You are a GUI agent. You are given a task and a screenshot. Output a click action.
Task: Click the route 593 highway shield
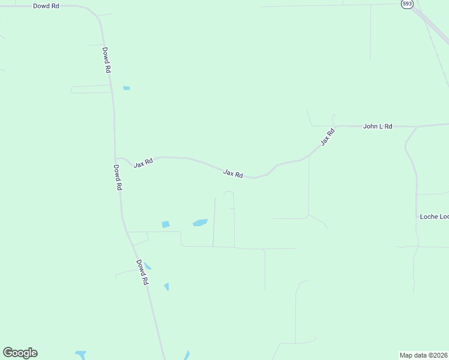pos(408,4)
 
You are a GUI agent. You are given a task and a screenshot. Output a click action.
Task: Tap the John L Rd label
pos(378,127)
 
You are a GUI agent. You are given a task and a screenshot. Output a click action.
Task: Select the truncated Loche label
pos(434,216)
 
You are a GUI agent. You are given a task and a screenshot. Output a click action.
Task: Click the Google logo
pos(20,353)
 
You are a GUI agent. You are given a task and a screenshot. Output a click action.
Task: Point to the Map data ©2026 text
pos(424,355)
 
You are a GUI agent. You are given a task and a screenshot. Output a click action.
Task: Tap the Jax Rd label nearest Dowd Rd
pos(143,163)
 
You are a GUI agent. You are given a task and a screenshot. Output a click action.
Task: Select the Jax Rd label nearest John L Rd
pos(326,137)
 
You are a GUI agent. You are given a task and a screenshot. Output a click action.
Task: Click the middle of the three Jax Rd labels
pos(233,173)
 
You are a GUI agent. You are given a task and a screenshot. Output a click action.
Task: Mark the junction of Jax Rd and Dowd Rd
pos(116,158)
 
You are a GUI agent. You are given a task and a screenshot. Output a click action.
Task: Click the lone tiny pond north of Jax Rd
pos(126,88)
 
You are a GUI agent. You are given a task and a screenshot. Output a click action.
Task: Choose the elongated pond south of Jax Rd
pos(200,223)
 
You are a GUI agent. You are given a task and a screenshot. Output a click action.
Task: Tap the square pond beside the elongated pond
pos(166,224)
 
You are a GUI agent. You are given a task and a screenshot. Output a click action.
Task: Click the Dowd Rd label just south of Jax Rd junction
pos(118,178)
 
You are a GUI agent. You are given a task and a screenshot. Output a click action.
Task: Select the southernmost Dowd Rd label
pos(142,272)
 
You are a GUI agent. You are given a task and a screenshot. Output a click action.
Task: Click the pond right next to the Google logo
pos(80,355)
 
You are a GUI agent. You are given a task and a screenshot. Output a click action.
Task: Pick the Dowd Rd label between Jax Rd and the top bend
pos(106,60)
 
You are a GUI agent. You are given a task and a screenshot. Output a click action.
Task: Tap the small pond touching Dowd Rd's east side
pos(148,266)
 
